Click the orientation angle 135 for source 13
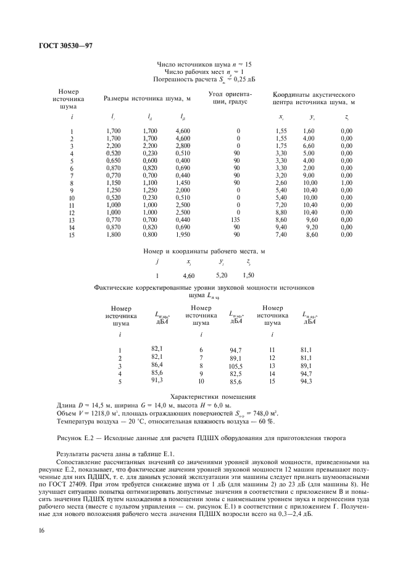pos(238,219)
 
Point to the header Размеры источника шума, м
pos(149,98)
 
